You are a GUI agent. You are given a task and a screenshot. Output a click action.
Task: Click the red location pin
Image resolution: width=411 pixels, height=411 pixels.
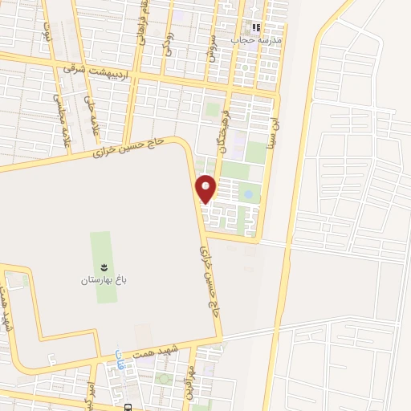point(206,189)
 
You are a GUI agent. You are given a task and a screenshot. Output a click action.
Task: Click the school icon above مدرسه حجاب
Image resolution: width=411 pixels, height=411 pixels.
point(257,27)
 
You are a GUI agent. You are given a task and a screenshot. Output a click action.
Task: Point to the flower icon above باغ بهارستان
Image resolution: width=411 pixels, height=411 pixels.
point(102,267)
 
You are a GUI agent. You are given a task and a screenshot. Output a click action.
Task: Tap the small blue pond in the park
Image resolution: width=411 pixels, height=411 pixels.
point(248,194)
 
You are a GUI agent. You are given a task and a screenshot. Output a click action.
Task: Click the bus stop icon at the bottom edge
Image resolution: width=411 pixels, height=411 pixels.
point(128,405)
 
